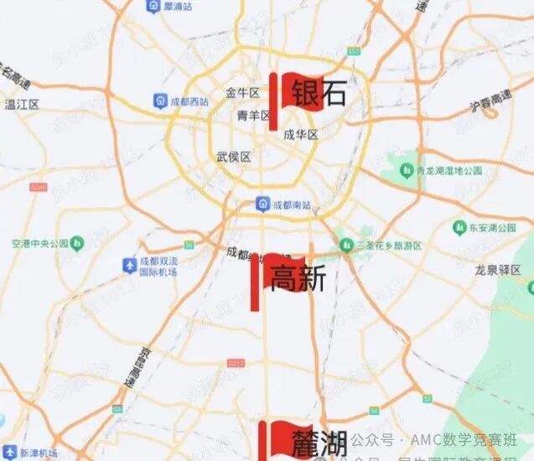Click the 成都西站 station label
point(188,101)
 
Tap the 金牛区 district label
point(241,92)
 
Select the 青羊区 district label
point(252,115)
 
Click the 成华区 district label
point(300,134)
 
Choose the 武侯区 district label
point(233,157)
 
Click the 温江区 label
point(23,104)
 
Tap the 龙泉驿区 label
point(499,270)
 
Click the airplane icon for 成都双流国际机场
point(129,266)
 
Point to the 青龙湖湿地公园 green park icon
point(406,170)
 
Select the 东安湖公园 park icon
point(459,227)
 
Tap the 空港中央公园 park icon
point(78,244)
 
